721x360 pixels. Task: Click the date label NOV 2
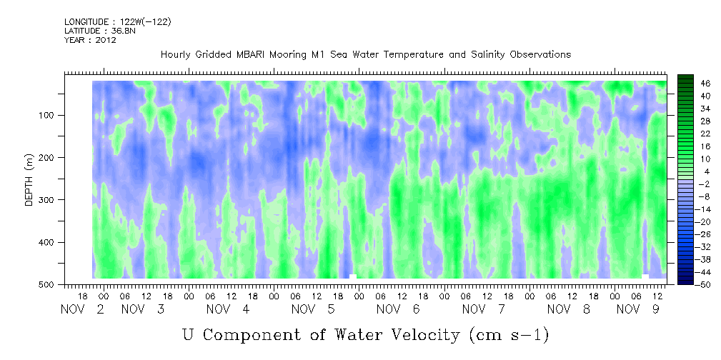tap(82, 310)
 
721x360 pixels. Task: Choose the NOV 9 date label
tap(637, 310)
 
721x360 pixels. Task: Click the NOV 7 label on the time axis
tap(484, 310)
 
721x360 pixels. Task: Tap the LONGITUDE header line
tap(118, 22)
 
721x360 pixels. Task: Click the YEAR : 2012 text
tap(90, 40)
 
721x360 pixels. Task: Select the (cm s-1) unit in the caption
tap(509, 335)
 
